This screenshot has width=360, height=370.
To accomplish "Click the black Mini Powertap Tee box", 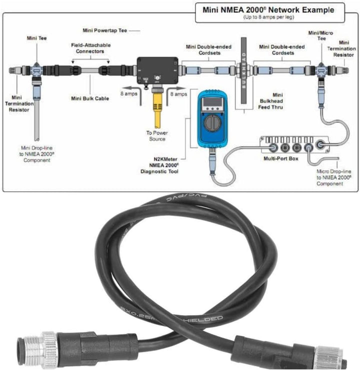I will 157,68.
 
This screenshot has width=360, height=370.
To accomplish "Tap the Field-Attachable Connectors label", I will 90,48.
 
